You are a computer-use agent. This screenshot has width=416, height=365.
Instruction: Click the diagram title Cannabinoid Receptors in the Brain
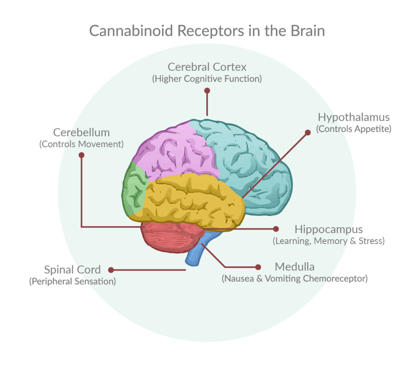pos(207,31)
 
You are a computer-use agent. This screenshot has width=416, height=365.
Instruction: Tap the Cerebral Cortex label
pos(207,66)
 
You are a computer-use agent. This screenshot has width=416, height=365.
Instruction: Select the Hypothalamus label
pos(353,117)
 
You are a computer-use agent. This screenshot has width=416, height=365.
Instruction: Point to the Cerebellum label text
pos(81,132)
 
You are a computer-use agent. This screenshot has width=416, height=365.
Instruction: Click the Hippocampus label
pos(329,229)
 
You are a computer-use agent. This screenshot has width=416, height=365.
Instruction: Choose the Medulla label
pos(294,267)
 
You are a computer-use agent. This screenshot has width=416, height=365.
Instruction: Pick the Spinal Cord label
pos(72,269)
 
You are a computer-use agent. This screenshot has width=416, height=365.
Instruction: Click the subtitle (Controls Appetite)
pos(353,129)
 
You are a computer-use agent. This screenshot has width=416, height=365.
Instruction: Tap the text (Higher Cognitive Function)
pos(207,79)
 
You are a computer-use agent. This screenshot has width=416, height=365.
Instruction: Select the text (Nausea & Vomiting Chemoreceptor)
pos(294,279)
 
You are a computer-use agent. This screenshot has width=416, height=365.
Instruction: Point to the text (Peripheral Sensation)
pos(72,281)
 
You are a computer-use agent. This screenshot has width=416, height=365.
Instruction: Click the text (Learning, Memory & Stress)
pos(329,241)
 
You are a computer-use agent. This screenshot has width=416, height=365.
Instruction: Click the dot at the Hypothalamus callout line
pos(307,132)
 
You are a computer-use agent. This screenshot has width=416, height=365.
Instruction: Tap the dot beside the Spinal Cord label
pos(110,269)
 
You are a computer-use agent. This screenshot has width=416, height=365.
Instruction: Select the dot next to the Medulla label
pos(257,267)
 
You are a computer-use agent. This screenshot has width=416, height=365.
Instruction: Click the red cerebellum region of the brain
pos(167,236)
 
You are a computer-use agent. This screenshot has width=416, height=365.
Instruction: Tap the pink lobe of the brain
pos(175,153)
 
